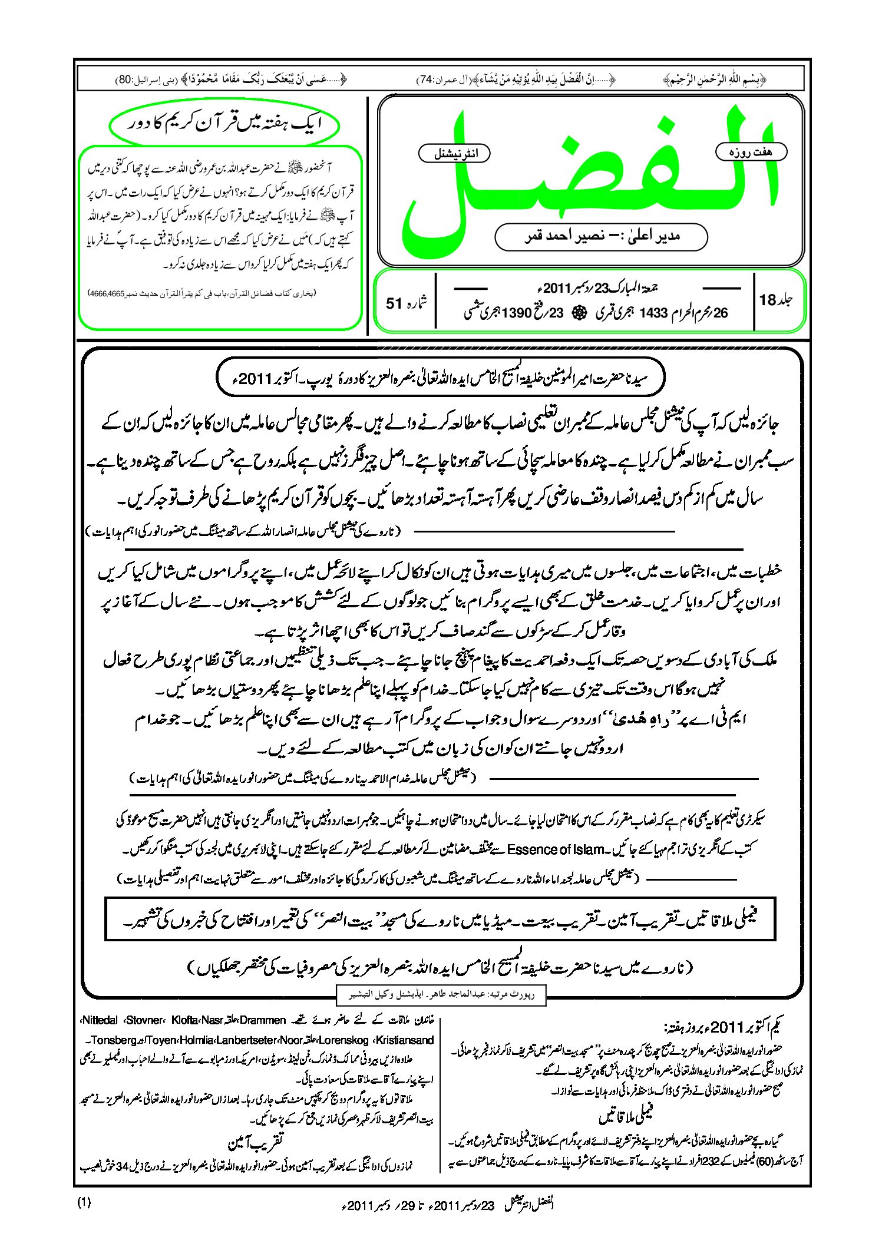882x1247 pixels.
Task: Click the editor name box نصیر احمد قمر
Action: click(601, 237)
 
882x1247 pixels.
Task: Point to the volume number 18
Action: click(768, 300)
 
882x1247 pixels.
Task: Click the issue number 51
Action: click(394, 303)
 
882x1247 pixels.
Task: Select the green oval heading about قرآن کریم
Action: click(224, 124)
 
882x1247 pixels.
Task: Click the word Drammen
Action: click(263, 1020)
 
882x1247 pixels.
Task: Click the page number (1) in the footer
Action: click(84, 1202)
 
